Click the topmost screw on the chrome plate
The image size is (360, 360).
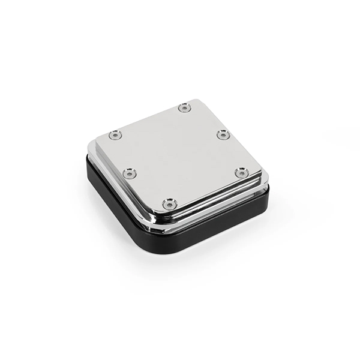[x=184, y=108]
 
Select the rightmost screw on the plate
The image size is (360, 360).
[x=241, y=173]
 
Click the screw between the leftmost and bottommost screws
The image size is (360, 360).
[x=130, y=173]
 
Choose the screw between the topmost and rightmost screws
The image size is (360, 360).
[x=223, y=134]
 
